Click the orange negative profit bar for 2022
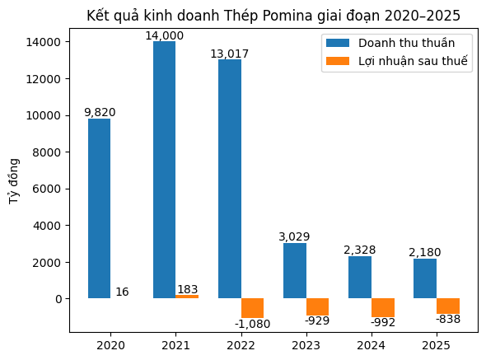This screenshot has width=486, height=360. point(252,308)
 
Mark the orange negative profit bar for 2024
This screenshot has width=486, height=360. point(382,307)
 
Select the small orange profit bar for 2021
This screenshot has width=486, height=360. point(187,296)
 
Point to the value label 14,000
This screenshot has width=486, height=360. point(164,35)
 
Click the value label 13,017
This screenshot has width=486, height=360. point(229,54)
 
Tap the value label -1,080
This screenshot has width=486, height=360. point(252,324)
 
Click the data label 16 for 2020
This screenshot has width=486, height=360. point(122,292)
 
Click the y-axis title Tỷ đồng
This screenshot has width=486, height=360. point(14,181)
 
